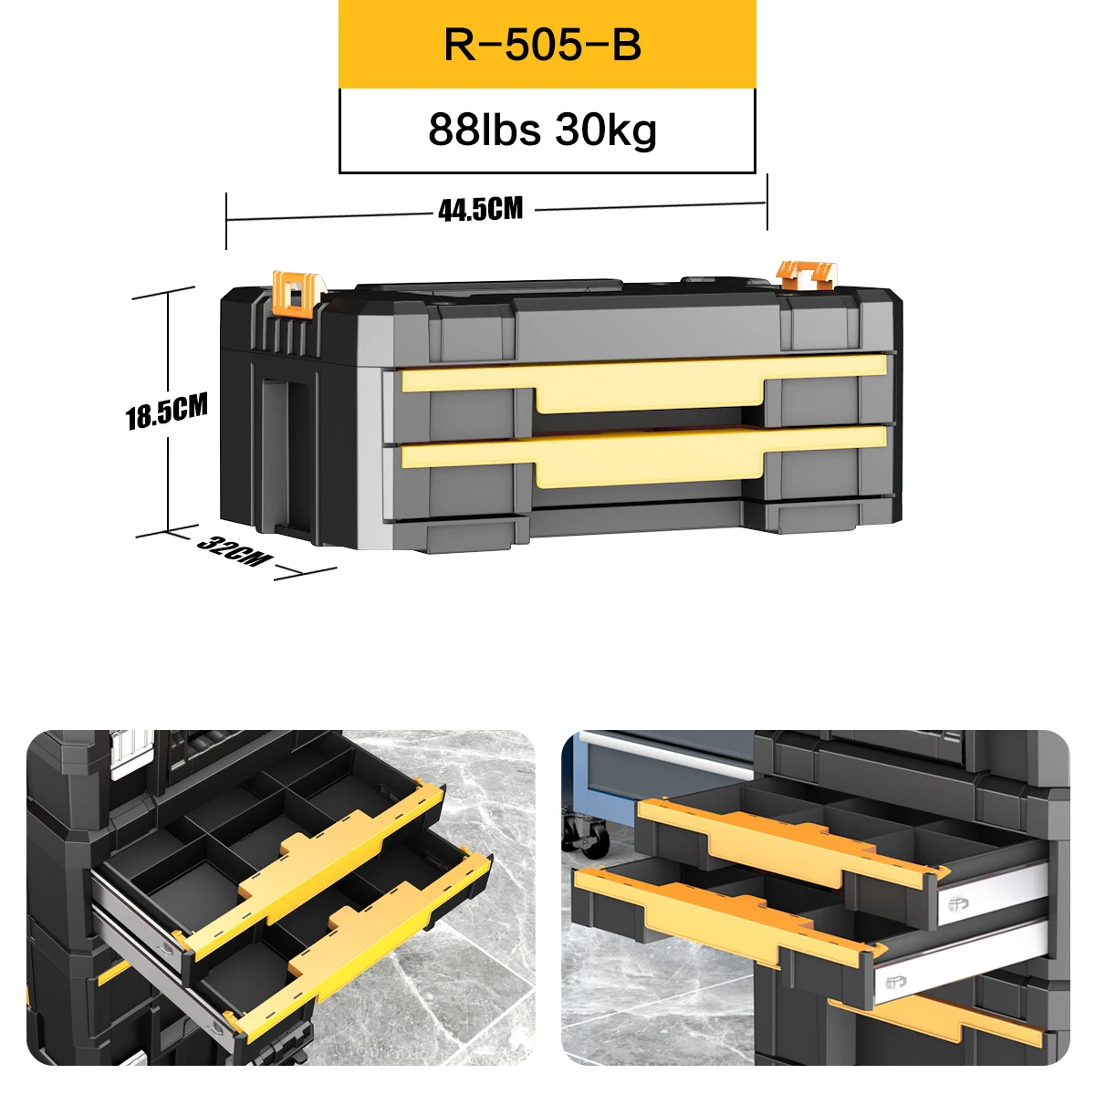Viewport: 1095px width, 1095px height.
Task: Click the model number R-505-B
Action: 542,45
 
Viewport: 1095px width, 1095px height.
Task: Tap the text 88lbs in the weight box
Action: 485,130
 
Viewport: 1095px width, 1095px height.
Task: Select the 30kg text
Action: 606,130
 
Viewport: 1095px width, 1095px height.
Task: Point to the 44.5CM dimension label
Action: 481,209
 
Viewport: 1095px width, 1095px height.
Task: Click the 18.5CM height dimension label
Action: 166,411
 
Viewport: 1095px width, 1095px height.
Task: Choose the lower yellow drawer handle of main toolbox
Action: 644,452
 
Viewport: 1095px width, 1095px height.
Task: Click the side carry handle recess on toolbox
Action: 288,454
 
